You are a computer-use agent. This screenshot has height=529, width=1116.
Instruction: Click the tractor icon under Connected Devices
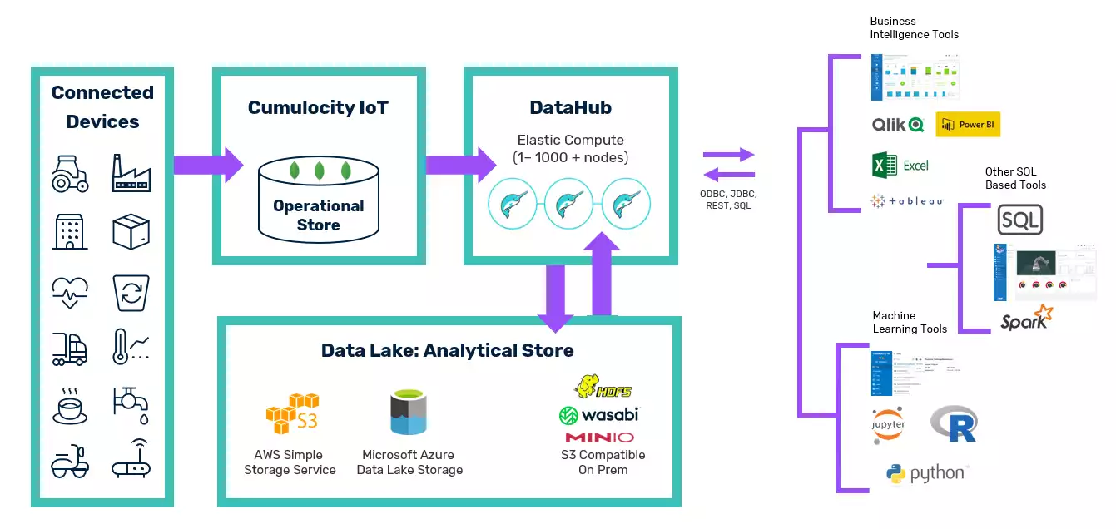tap(70, 173)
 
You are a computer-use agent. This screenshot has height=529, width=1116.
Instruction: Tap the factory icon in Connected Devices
tap(131, 173)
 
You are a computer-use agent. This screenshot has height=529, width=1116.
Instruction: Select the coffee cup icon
tap(70, 404)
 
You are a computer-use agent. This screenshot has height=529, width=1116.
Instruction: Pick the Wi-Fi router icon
tap(131, 459)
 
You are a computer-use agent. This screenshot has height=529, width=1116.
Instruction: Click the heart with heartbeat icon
tap(70, 291)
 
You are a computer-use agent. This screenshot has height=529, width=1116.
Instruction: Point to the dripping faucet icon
tap(131, 404)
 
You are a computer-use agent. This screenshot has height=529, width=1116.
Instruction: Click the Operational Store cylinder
tap(318, 202)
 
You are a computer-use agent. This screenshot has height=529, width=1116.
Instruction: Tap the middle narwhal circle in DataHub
tap(568, 204)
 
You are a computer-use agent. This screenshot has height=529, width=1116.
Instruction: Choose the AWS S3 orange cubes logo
tap(291, 413)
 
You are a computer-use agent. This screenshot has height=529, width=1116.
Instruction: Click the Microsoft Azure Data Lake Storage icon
tap(409, 413)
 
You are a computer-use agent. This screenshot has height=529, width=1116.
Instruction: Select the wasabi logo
tap(598, 413)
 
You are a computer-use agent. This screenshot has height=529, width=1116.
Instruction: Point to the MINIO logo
tap(599, 438)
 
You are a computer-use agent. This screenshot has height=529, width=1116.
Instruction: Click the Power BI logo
tap(968, 125)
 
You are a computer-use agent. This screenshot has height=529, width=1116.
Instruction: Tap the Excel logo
tap(900, 165)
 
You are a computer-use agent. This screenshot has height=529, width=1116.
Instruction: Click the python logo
tap(927, 474)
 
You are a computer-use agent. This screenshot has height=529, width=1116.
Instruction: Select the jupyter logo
tap(889, 425)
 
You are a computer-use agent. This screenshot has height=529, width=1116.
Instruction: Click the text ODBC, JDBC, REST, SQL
tap(728, 200)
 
